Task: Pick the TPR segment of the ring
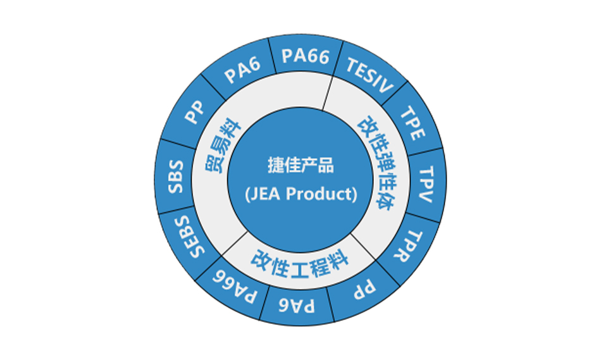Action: point(412,247)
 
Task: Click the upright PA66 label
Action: point(306,56)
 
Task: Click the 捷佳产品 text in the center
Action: point(300,168)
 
